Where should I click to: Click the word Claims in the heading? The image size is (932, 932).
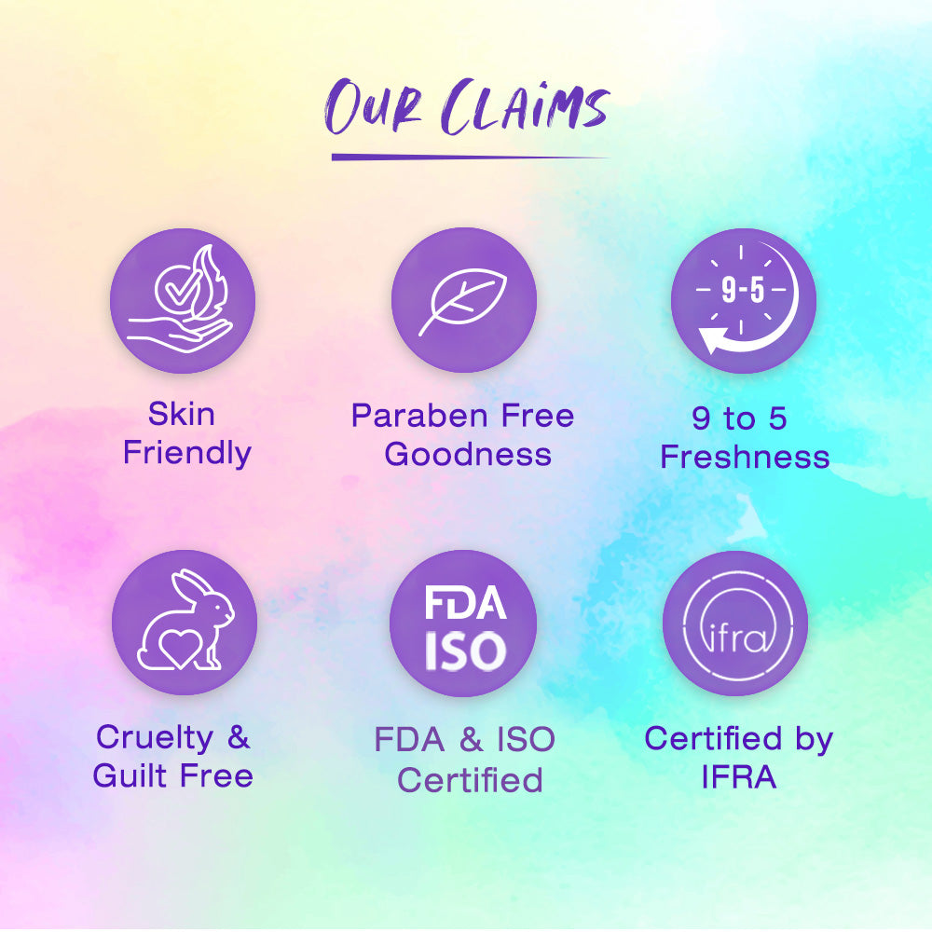pos(526,107)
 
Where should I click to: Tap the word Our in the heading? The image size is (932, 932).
pos(374,107)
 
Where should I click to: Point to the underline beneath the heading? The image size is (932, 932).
pos(470,158)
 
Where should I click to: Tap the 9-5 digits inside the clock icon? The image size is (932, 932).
pos(743,290)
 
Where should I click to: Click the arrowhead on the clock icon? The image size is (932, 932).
pos(713,340)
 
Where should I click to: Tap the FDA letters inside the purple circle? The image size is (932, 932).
pos(465,603)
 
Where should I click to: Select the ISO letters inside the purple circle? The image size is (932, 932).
pos(465,651)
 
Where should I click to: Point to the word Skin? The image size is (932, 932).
pos(182,414)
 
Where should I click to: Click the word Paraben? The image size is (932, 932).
pos(418,415)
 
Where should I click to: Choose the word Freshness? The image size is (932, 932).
pos(745,457)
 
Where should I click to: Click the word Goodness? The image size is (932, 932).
pos(468,454)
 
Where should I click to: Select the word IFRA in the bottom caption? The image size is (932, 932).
pos(739,777)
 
